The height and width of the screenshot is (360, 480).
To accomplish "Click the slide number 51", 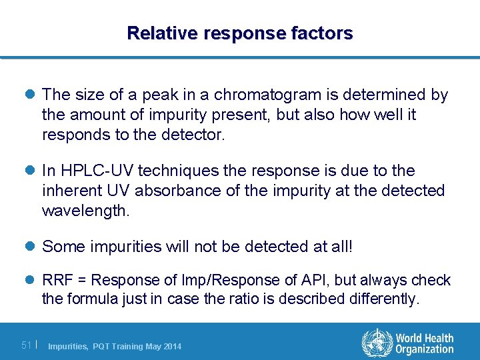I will pyautogui.click(x=26, y=345).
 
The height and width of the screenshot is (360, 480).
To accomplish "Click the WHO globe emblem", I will pyautogui.click(x=377, y=343).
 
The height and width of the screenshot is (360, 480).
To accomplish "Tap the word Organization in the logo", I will pyautogui.click(x=425, y=349).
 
